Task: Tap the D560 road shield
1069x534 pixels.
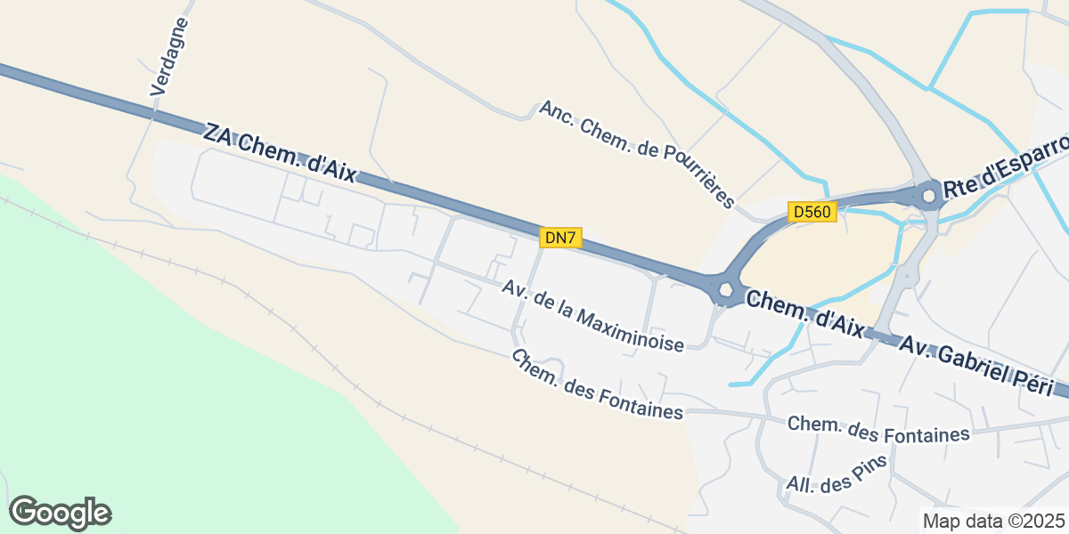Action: pos(812,212)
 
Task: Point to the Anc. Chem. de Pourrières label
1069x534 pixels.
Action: pos(637,153)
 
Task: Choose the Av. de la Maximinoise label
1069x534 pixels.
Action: pos(592,316)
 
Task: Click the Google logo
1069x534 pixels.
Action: pos(60,513)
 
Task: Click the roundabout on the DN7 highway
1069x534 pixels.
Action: pos(725,289)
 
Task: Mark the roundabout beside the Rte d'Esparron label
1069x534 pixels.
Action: pos(928,194)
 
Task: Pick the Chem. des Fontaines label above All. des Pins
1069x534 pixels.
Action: pos(878,430)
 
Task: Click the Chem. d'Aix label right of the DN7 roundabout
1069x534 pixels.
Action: pos(804,314)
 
